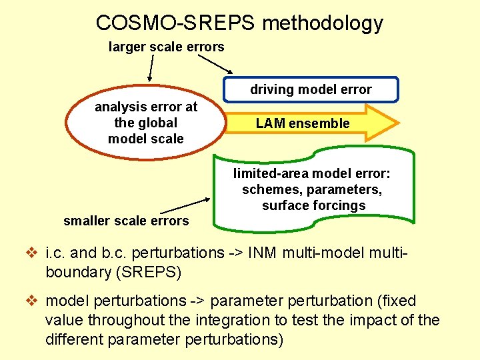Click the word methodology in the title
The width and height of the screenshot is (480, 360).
(323, 23)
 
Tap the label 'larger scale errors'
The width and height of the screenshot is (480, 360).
(167, 47)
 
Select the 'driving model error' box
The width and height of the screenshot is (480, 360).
(311, 89)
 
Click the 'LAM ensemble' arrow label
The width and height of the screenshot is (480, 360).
(302, 123)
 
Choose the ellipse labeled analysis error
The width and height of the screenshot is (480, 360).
(145, 123)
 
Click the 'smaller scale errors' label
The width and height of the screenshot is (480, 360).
(126, 221)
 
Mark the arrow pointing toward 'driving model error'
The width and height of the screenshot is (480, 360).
(215, 63)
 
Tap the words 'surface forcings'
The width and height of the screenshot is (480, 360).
(314, 205)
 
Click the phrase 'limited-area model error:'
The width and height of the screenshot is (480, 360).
(312, 174)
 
